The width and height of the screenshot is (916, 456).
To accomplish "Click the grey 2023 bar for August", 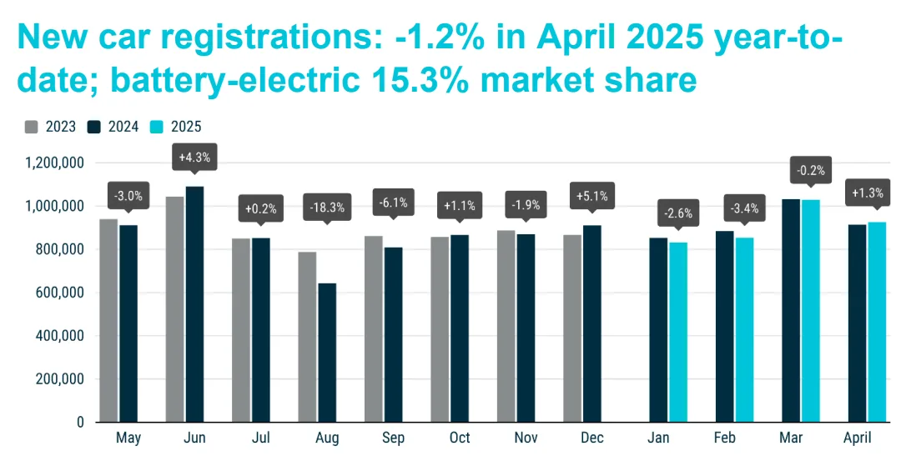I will click(x=308, y=337).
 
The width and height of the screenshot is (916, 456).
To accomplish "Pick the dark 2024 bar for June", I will click(x=194, y=304).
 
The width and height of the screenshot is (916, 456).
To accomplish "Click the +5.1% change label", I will click(x=591, y=197).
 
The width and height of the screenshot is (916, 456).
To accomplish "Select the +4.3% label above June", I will click(x=194, y=158).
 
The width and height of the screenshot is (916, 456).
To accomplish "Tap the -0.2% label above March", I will click(x=810, y=171).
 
